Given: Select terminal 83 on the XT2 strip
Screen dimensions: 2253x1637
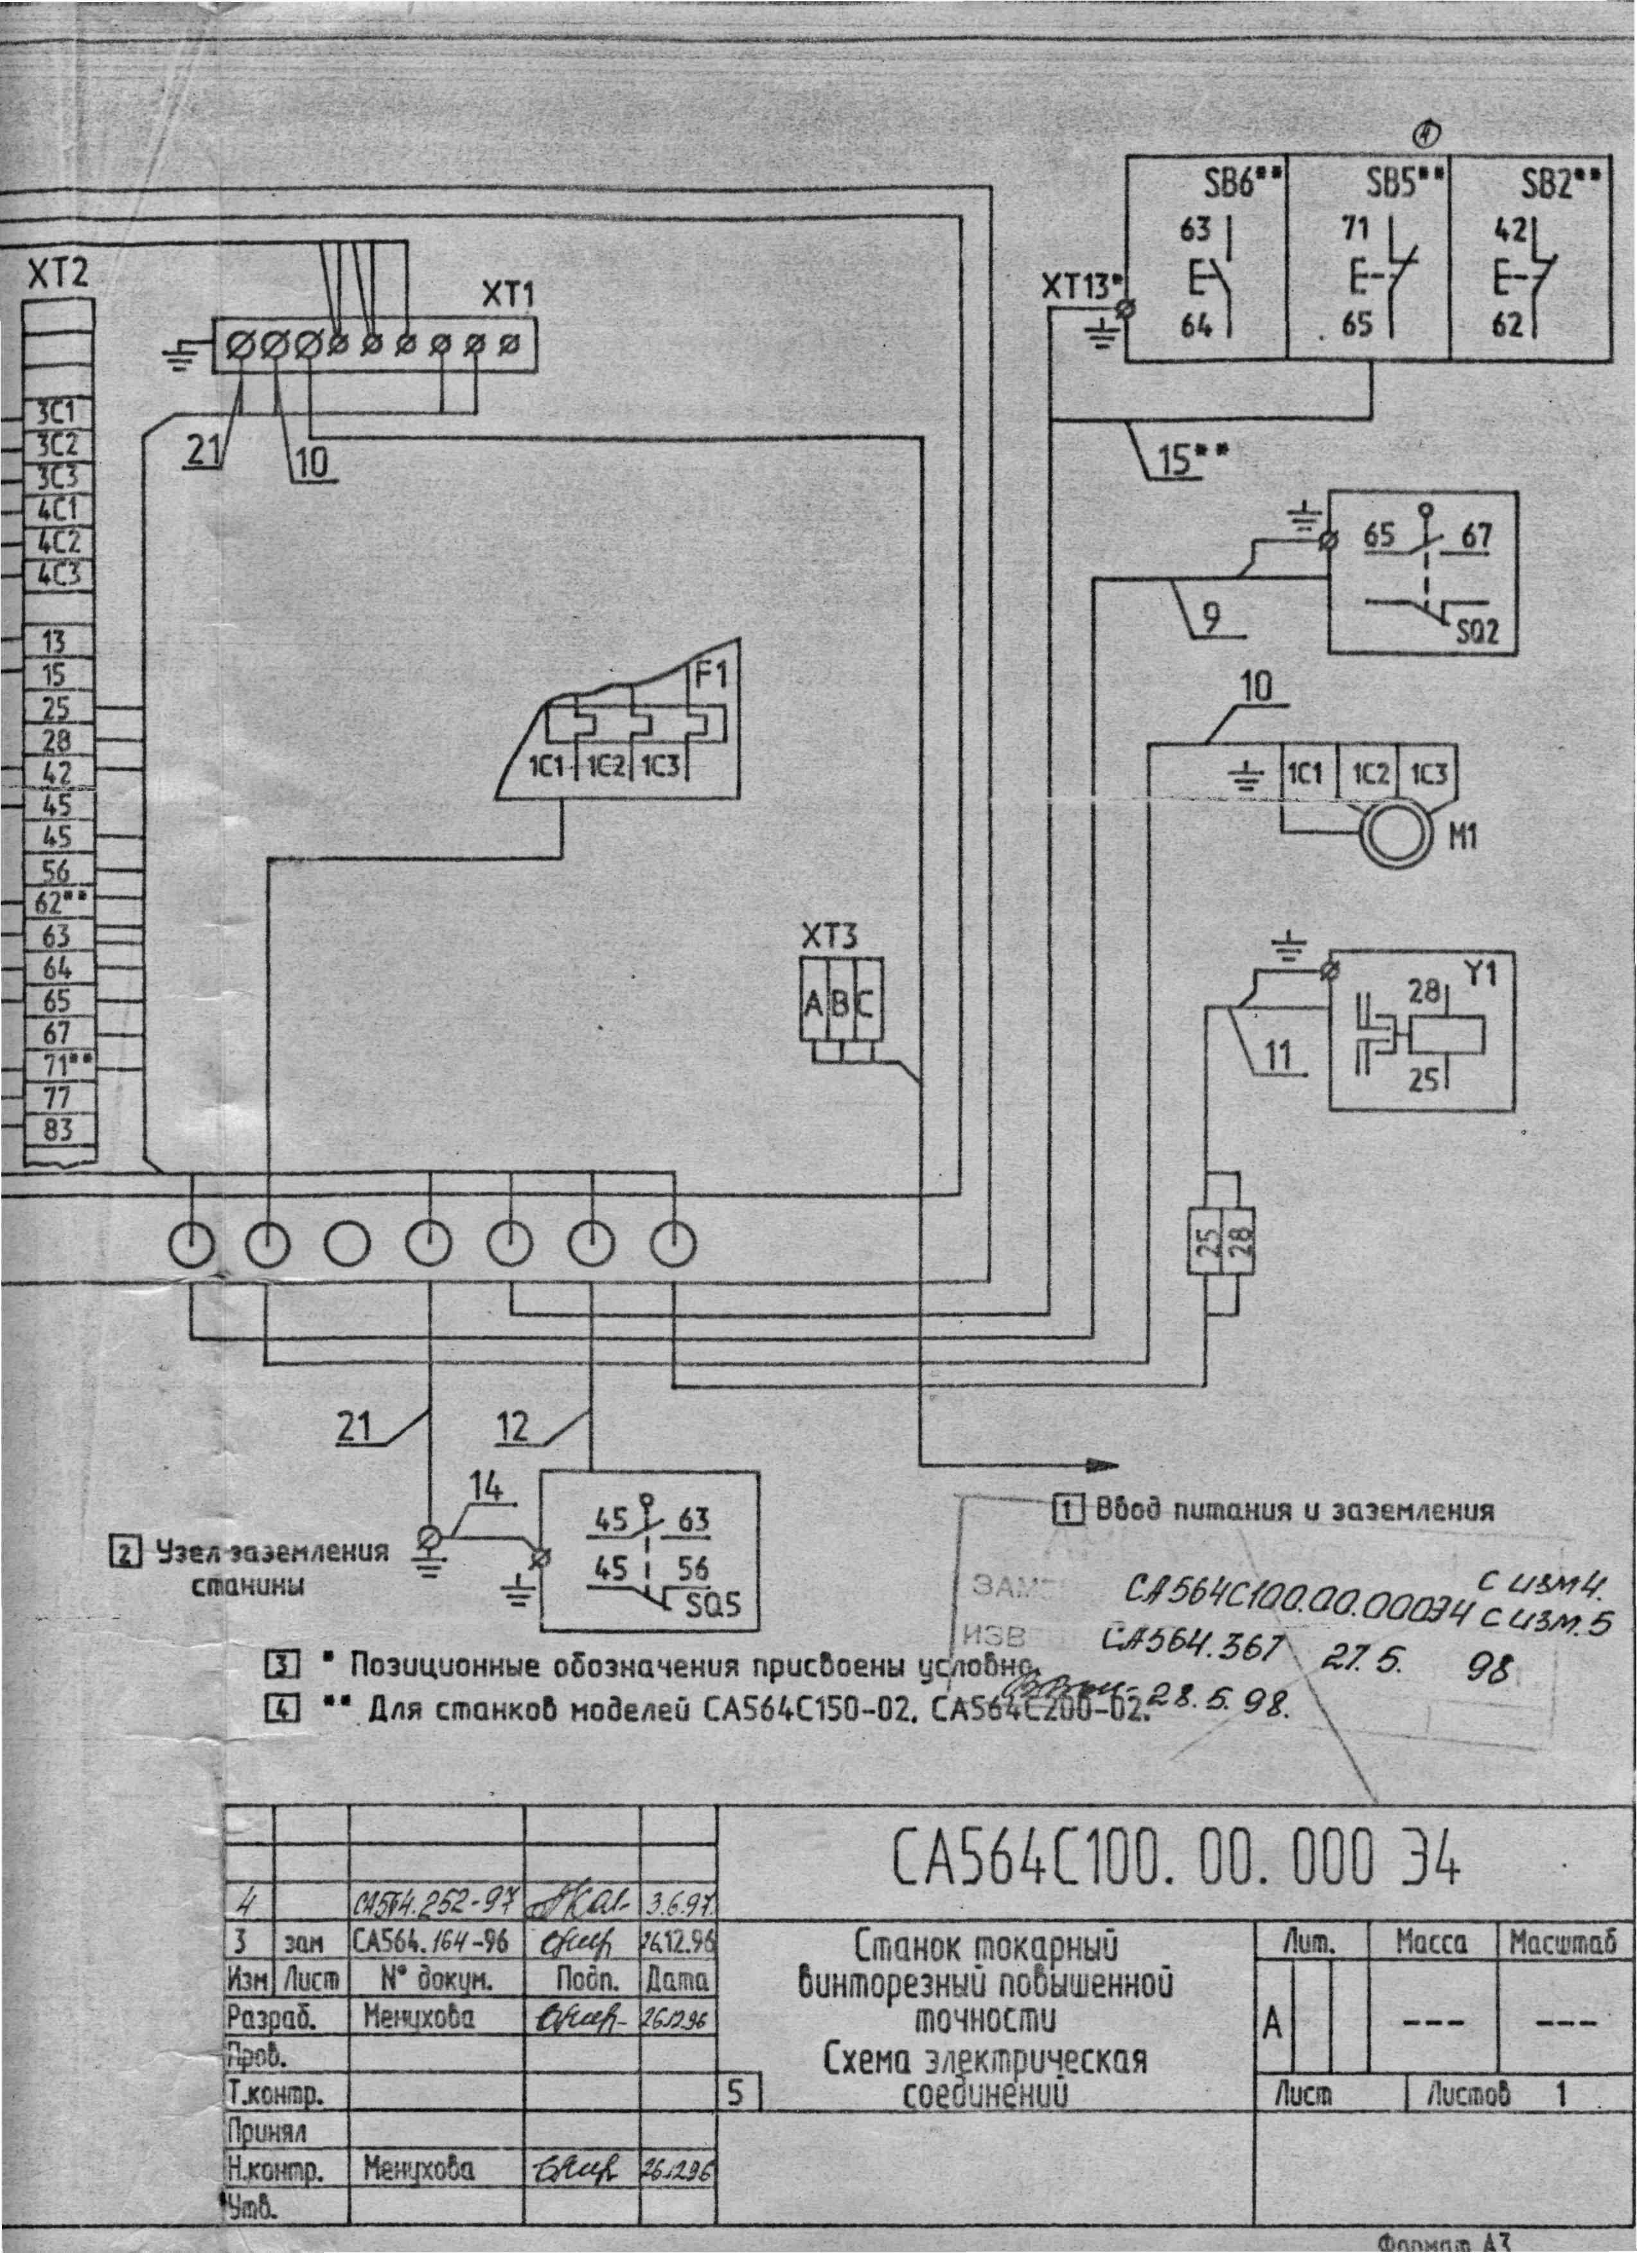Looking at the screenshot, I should [58, 1129].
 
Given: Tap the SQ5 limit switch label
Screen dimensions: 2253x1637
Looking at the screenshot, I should [712, 1604].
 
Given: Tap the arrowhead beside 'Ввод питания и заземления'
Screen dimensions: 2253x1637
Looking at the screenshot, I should [1102, 1465].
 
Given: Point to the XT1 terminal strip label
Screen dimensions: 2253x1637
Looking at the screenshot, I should [508, 295].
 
